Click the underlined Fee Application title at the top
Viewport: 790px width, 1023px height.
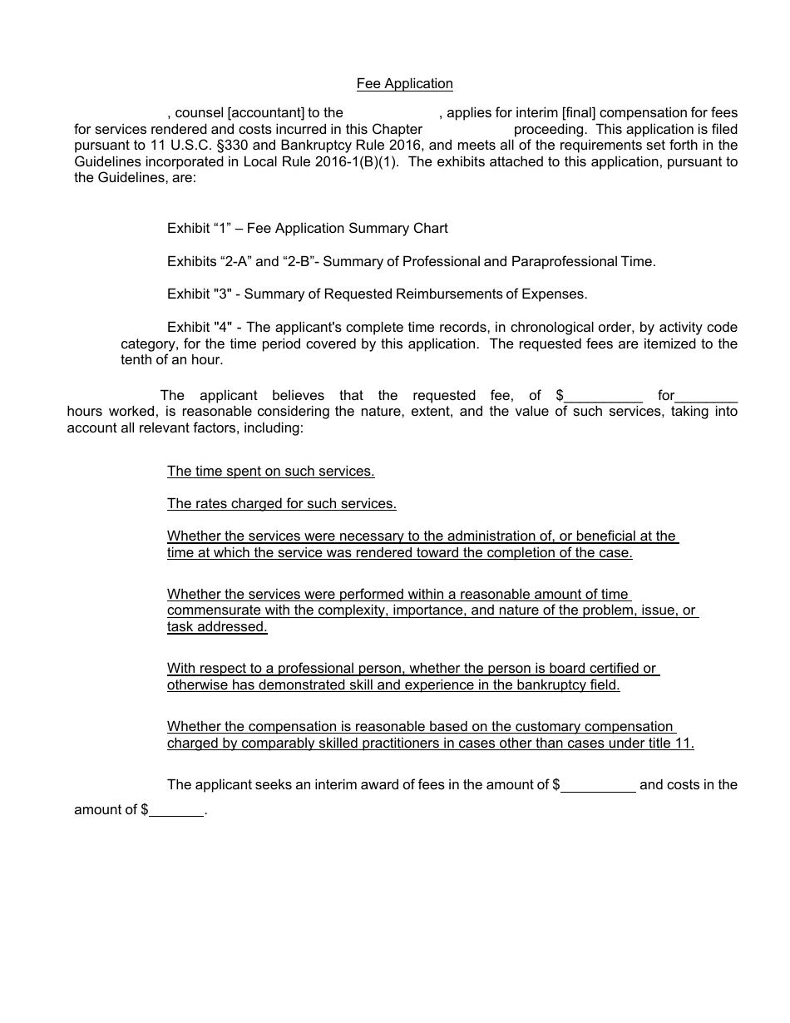[x=404, y=83]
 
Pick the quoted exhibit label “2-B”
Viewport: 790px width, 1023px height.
[x=300, y=261]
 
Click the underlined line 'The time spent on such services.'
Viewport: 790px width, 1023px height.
[x=270, y=471]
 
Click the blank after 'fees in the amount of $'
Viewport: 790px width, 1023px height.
[x=599, y=785]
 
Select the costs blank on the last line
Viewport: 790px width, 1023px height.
[x=177, y=810]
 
